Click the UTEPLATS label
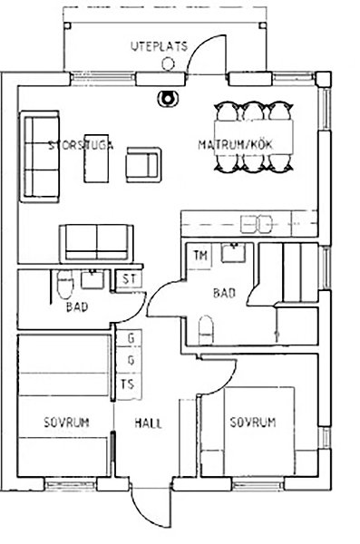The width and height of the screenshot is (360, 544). pyautogui.click(x=159, y=46)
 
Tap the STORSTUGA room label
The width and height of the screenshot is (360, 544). pyautogui.click(x=81, y=145)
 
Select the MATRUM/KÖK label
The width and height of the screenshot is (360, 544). pyautogui.click(x=236, y=144)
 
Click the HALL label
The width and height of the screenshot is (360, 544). pyautogui.click(x=148, y=423)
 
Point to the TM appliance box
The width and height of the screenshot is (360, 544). pyautogui.click(x=201, y=256)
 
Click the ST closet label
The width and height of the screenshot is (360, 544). pyautogui.click(x=129, y=278)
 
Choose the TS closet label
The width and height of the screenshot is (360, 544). pyautogui.click(x=128, y=384)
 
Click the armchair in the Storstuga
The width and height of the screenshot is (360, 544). pyautogui.click(x=143, y=164)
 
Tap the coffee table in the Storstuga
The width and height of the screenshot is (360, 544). pyautogui.click(x=96, y=158)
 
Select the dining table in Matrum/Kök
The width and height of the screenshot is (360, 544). pyautogui.click(x=253, y=138)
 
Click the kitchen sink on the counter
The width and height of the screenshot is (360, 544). pyautogui.click(x=257, y=223)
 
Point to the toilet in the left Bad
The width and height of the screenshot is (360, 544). pyautogui.click(x=65, y=284)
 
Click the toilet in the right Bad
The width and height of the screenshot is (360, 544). pyautogui.click(x=206, y=330)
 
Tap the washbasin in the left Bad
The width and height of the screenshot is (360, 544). pyautogui.click(x=92, y=279)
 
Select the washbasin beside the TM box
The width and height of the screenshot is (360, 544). pyautogui.click(x=234, y=252)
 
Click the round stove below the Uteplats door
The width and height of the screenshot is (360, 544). pyautogui.click(x=168, y=99)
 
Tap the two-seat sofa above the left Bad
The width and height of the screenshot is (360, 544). pyautogui.click(x=96, y=243)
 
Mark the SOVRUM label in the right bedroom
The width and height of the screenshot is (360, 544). pyautogui.click(x=253, y=423)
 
